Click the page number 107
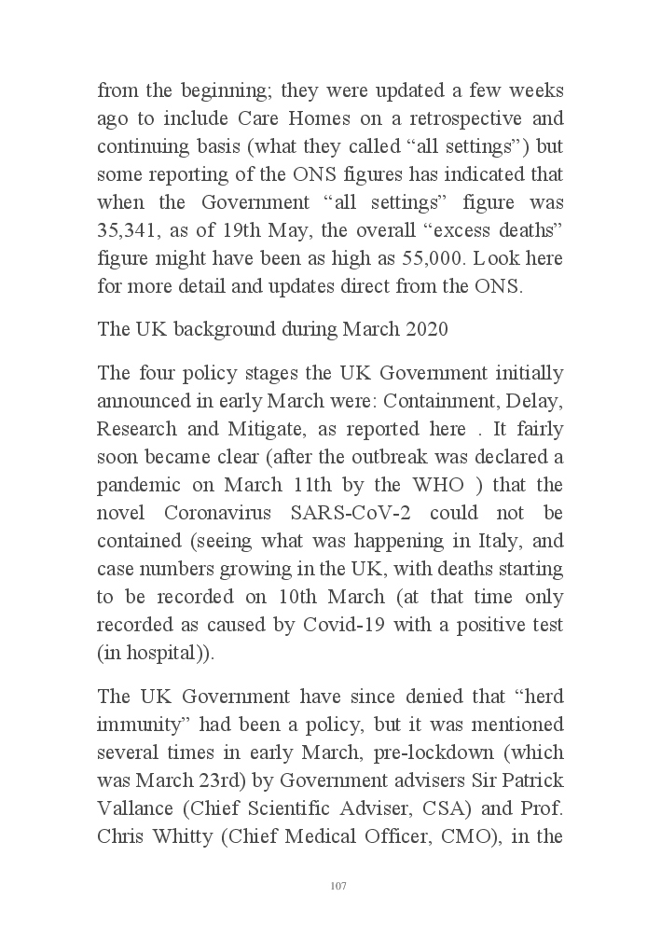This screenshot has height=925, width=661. coord(338,885)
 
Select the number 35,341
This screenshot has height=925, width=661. coord(129,231)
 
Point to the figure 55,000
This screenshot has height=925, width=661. coord(446,259)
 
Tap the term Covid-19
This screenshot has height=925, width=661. coord(345,625)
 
